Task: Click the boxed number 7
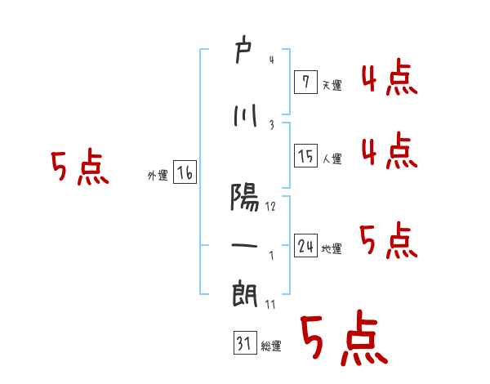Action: pyautogui.click(x=305, y=81)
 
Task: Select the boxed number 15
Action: pyautogui.click(x=305, y=155)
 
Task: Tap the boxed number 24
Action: pyautogui.click(x=305, y=245)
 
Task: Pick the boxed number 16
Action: pyautogui.click(x=185, y=172)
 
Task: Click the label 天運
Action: pyautogui.click(x=332, y=85)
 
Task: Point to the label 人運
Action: pyautogui.click(x=332, y=159)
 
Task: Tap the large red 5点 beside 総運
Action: pyautogui.click(x=343, y=337)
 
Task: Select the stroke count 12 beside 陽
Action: pyautogui.click(x=270, y=207)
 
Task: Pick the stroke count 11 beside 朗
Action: pyautogui.click(x=270, y=304)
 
